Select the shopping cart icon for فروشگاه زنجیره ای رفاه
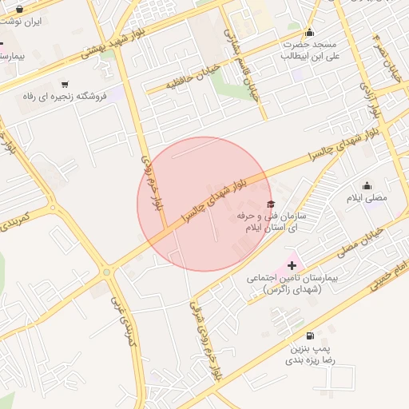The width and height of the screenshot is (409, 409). click(x=65, y=84)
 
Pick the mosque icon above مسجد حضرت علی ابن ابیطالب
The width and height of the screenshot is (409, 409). click(x=309, y=32)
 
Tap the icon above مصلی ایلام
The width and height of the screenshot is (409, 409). click(x=367, y=185)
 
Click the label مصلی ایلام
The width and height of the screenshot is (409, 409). click(x=367, y=197)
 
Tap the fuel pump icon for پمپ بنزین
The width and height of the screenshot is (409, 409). click(x=309, y=336)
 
